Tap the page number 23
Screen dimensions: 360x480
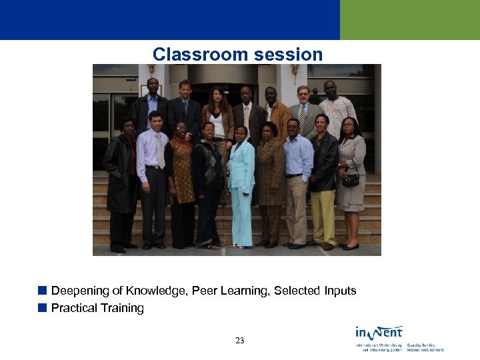[x=240, y=341]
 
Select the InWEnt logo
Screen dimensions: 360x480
[x=379, y=332]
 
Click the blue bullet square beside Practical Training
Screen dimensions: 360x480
[x=42, y=307]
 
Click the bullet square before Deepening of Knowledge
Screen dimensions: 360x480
[x=42, y=290]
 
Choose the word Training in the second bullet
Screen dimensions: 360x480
[x=122, y=308]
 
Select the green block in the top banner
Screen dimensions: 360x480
[x=409, y=20]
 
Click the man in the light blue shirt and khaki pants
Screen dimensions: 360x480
[x=297, y=180]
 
